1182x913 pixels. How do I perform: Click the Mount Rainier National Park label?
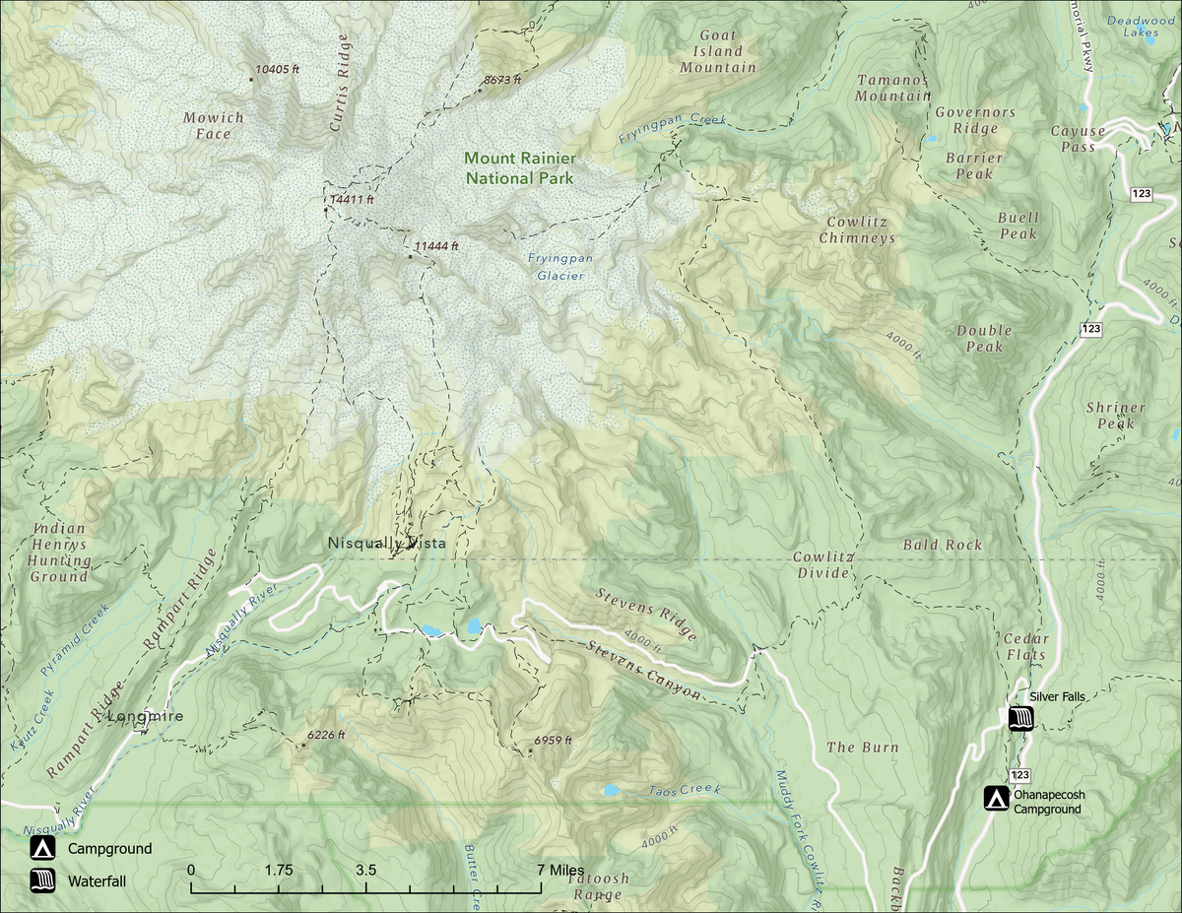520,167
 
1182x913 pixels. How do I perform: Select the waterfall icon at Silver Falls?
1020,718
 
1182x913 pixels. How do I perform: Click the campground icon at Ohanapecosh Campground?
998,798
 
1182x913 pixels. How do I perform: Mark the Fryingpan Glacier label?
559,266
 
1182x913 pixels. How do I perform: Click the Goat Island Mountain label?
718,51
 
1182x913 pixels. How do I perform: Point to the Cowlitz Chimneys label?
857,230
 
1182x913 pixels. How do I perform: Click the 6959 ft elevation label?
553,741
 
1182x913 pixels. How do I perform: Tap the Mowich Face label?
213,125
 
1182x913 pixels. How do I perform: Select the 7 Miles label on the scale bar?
560,871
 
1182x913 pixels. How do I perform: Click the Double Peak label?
984,338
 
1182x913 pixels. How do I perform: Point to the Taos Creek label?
685,790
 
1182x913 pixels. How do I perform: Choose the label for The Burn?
862,748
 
